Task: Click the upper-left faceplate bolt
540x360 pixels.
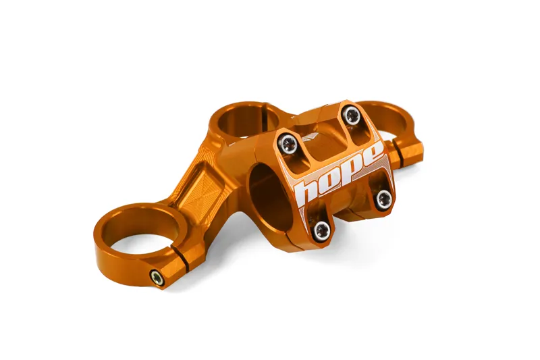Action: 288,143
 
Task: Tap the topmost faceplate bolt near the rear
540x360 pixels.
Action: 351,115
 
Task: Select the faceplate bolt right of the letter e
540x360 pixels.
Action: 383,199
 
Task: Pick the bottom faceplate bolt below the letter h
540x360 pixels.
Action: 322,230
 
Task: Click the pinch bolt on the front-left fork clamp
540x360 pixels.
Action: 157,278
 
